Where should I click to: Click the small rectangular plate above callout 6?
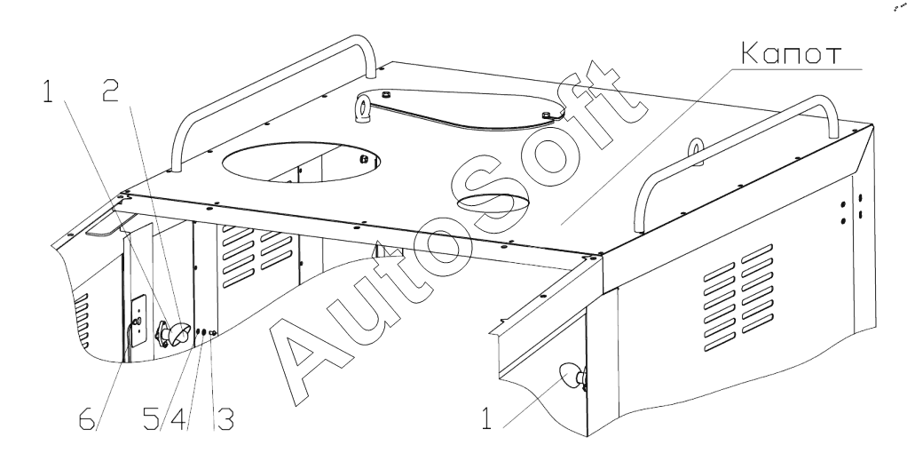click(x=137, y=314)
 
